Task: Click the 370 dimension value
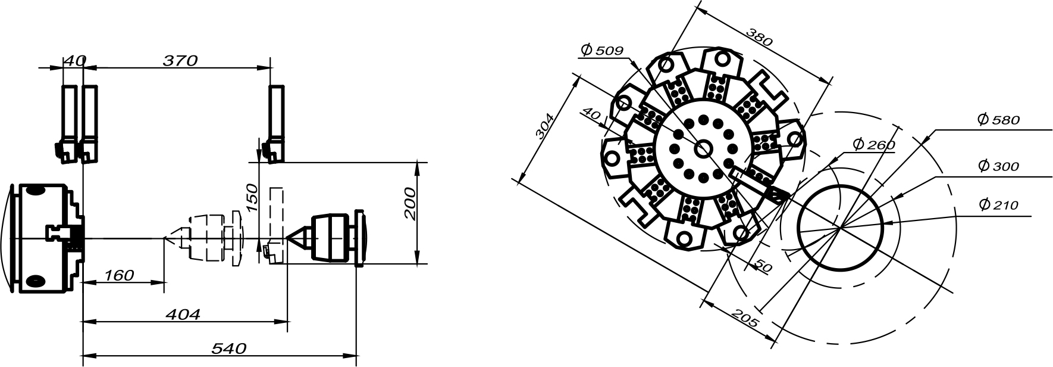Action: click(x=180, y=60)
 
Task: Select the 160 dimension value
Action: click(x=119, y=275)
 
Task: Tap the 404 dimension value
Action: click(x=182, y=314)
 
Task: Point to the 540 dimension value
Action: click(x=228, y=349)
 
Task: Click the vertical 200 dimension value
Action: click(x=410, y=203)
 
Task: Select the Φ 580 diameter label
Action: click(x=998, y=120)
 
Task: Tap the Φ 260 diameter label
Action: click(x=873, y=144)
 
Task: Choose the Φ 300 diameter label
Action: click(x=998, y=166)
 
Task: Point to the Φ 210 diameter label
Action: click(x=998, y=205)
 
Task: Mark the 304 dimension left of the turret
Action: click(x=545, y=126)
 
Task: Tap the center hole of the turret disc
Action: click(x=703, y=149)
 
